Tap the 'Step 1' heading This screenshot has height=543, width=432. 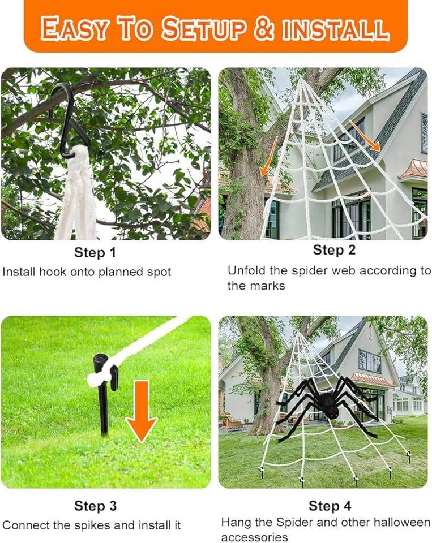tap(95, 252)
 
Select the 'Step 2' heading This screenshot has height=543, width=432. tap(334, 249)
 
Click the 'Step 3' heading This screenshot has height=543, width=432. tap(95, 506)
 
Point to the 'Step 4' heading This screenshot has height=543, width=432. tap(330, 506)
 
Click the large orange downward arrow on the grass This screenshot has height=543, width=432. tap(142, 411)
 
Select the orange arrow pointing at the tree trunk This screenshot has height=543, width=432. tap(269, 156)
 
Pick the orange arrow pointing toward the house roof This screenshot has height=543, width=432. tap(365, 135)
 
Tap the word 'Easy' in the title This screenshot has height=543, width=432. tap(74, 29)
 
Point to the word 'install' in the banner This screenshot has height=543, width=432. tap(335, 29)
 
